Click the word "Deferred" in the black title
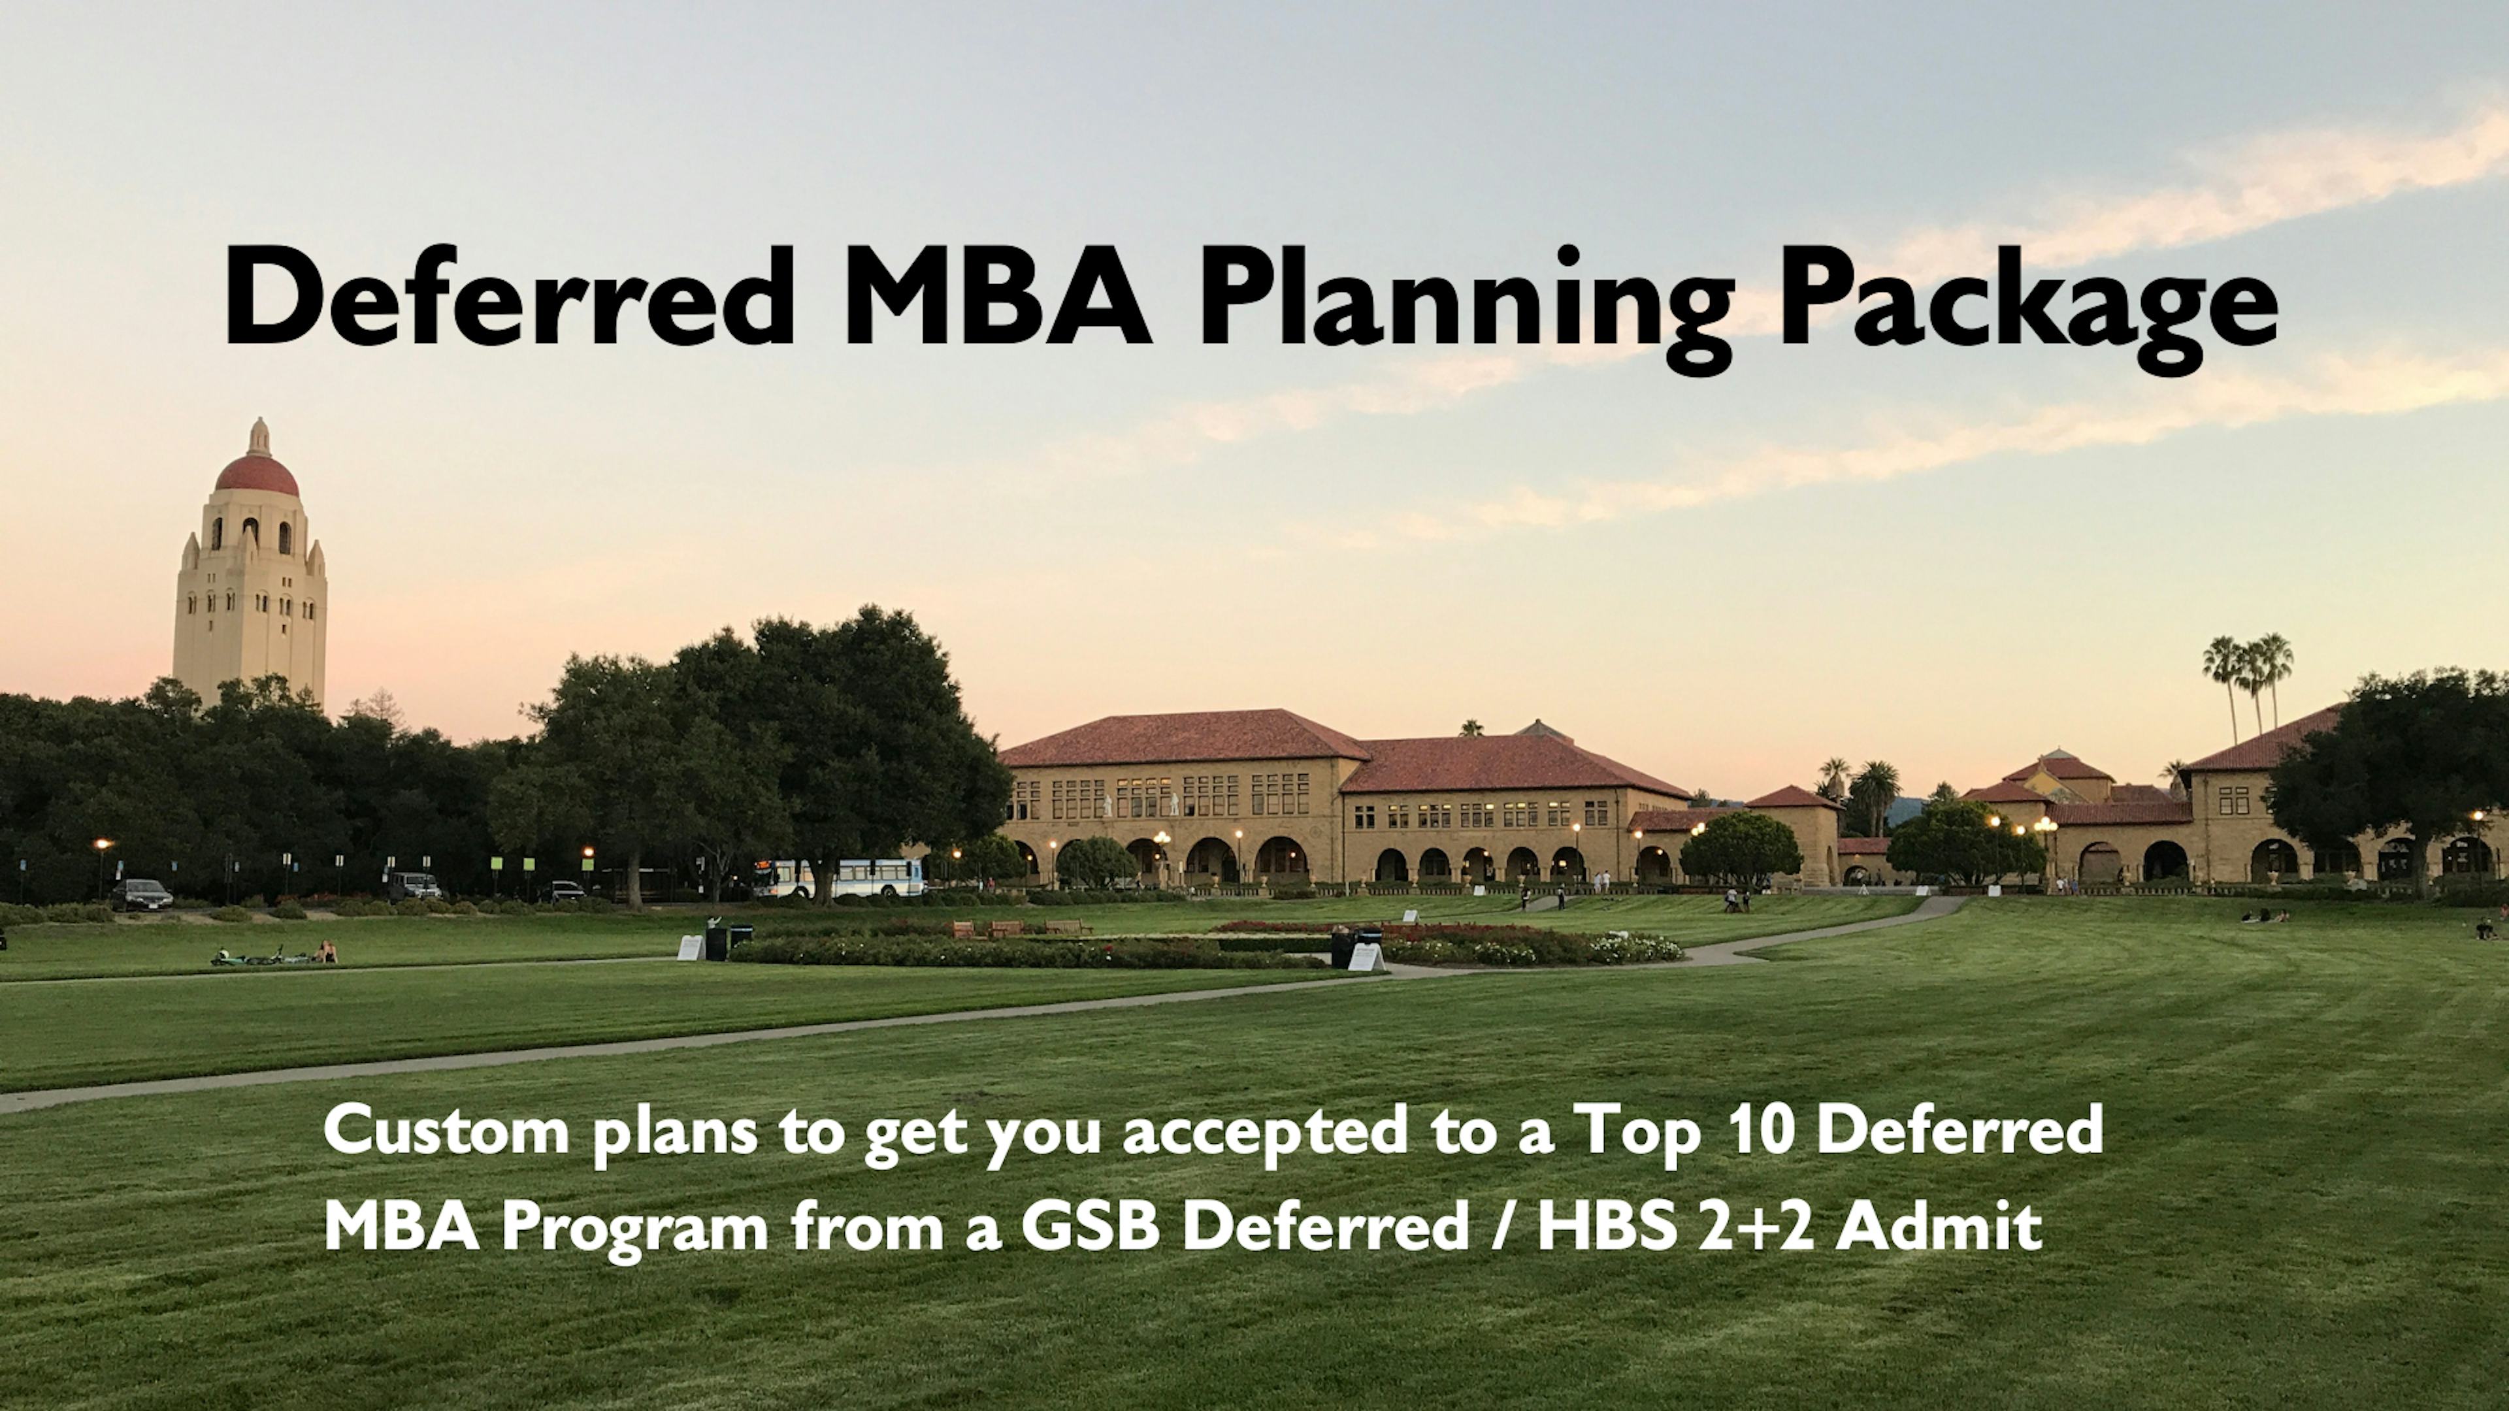(510, 295)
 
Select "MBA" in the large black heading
(996, 295)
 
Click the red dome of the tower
(257, 474)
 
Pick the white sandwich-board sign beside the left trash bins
(689, 947)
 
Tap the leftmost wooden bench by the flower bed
(963, 929)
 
